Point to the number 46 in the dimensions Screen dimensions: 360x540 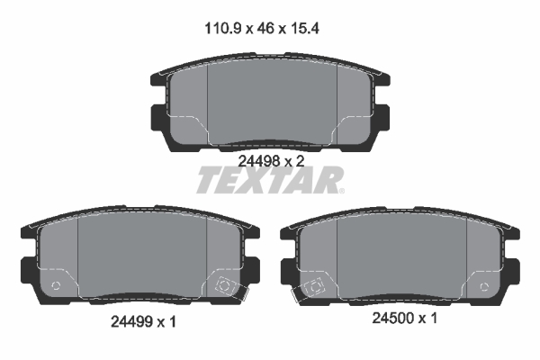pyautogui.click(x=265, y=28)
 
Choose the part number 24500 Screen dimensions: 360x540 pyautogui.click(x=391, y=318)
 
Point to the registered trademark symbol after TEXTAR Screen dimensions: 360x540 pyautogui.click(x=341, y=190)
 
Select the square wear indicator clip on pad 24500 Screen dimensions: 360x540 pyautogui.click(x=317, y=288)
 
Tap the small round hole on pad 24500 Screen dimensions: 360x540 pyautogui.click(x=487, y=288)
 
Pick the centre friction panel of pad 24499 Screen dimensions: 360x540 pyautogui.click(x=142, y=256)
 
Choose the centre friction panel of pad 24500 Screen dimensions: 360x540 pyautogui.click(x=401, y=256)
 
